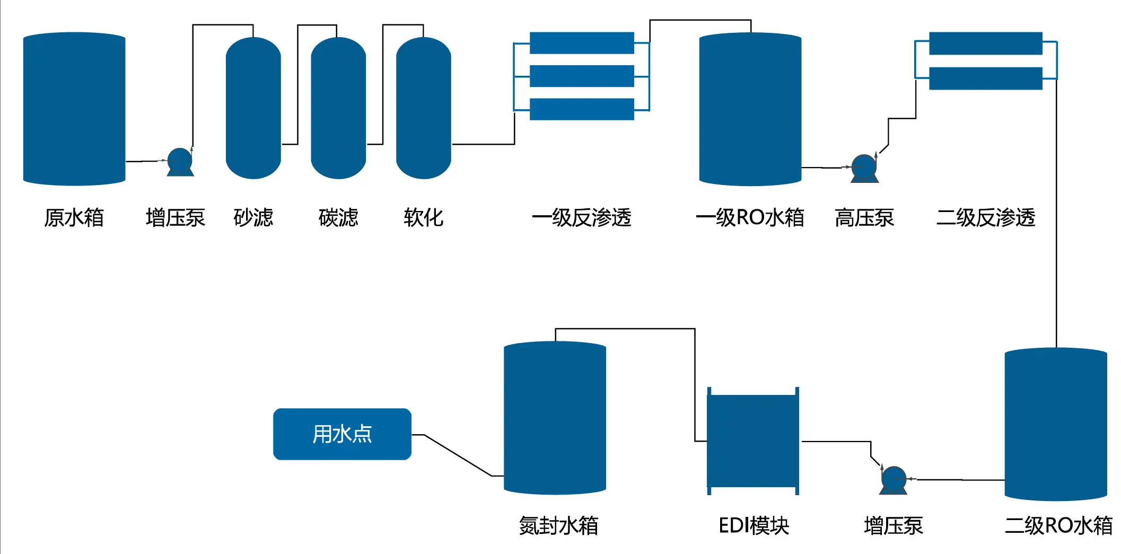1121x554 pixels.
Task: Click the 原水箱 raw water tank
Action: tap(74, 109)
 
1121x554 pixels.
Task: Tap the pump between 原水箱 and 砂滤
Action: tap(180, 161)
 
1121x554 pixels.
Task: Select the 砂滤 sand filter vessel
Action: tap(253, 108)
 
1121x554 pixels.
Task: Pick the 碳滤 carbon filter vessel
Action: tap(338, 108)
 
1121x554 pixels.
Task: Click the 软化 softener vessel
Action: tap(423, 108)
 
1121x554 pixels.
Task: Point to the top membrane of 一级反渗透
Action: tap(582, 43)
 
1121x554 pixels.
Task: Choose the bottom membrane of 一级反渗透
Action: tap(582, 109)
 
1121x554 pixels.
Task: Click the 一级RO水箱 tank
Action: tap(750, 109)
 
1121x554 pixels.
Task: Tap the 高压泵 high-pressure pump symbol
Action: tap(864, 168)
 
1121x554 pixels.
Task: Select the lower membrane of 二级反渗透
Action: tap(985, 78)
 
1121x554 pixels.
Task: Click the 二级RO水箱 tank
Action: tap(1055, 424)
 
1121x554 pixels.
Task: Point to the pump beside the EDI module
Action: tap(894, 480)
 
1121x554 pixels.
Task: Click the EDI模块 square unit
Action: tap(752, 441)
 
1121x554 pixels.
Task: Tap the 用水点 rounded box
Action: tap(342, 434)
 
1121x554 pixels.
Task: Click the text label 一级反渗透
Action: tap(581, 218)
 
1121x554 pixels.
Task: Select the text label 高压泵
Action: tap(864, 218)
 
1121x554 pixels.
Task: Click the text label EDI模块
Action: tap(754, 525)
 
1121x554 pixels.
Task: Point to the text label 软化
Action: tap(423, 218)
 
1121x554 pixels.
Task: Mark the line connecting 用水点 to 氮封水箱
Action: tap(457, 455)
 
